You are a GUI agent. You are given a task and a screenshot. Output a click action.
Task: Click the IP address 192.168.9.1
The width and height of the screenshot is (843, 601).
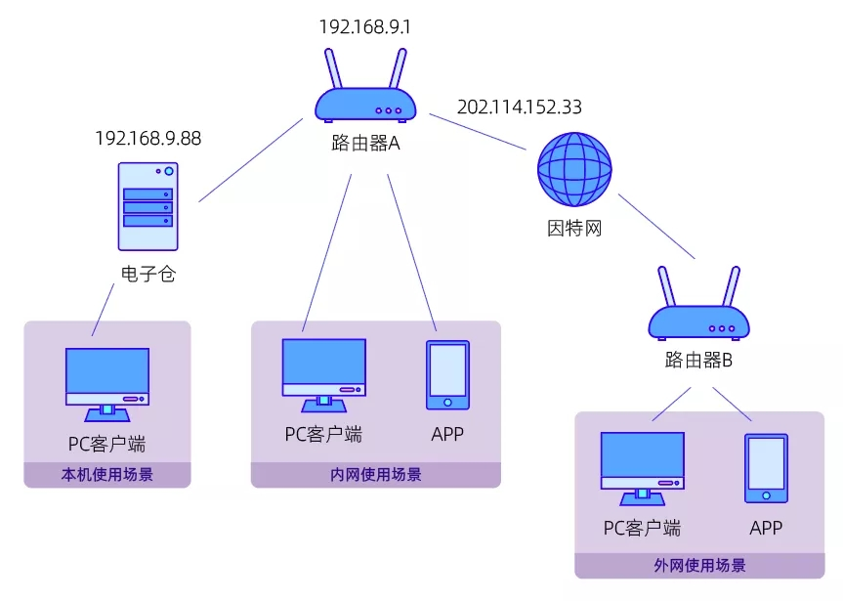coord(364,27)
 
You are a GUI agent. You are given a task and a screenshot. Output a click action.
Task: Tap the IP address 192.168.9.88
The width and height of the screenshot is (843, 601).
coord(148,138)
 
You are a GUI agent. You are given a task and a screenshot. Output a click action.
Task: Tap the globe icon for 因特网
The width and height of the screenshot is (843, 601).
coord(574,170)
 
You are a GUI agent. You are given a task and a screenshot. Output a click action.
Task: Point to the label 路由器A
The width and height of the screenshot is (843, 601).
coord(365,144)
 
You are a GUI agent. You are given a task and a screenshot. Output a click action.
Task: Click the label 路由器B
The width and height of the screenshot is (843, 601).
coord(698,360)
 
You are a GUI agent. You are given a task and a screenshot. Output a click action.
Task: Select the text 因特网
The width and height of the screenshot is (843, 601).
coord(573,229)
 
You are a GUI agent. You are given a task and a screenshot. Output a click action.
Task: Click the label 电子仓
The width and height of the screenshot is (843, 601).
coord(148,275)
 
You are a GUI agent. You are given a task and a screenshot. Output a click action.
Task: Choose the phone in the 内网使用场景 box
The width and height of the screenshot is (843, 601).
coord(447,374)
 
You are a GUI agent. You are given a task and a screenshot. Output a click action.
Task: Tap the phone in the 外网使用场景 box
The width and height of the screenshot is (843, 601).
coord(766,468)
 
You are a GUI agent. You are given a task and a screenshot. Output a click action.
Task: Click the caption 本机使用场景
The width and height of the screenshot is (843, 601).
coord(107,476)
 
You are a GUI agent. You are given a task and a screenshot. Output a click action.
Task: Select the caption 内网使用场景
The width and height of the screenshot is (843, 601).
coord(376,476)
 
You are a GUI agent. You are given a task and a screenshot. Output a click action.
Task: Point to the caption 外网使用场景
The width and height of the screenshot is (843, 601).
coord(699,566)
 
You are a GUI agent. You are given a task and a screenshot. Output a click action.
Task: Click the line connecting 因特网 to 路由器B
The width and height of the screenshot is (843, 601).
coord(655,226)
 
